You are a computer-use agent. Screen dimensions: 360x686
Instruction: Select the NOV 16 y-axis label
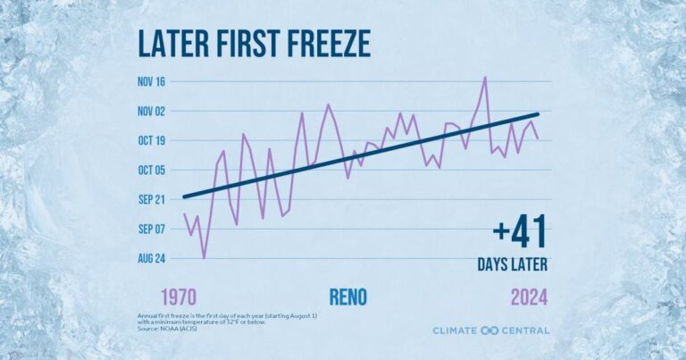click(x=154, y=82)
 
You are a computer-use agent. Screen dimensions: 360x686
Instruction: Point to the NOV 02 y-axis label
click(x=154, y=112)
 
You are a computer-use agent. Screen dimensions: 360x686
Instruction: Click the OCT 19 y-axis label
click(x=154, y=141)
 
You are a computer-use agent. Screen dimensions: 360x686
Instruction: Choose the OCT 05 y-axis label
click(x=154, y=170)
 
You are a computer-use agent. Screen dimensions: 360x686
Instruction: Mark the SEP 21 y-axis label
click(x=154, y=199)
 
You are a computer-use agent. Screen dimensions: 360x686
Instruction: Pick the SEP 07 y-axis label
click(x=154, y=229)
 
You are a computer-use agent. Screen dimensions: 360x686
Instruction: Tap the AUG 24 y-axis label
click(x=154, y=258)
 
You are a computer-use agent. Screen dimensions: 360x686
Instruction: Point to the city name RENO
click(x=347, y=296)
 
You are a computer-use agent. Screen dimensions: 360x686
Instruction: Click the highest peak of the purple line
click(x=485, y=77)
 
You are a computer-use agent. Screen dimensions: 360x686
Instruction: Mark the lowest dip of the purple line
click(x=204, y=258)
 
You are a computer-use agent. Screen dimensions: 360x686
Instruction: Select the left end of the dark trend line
click(x=184, y=197)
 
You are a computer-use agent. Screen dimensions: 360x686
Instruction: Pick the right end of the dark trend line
click(x=538, y=114)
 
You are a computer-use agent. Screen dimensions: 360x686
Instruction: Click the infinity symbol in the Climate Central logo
click(x=489, y=331)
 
